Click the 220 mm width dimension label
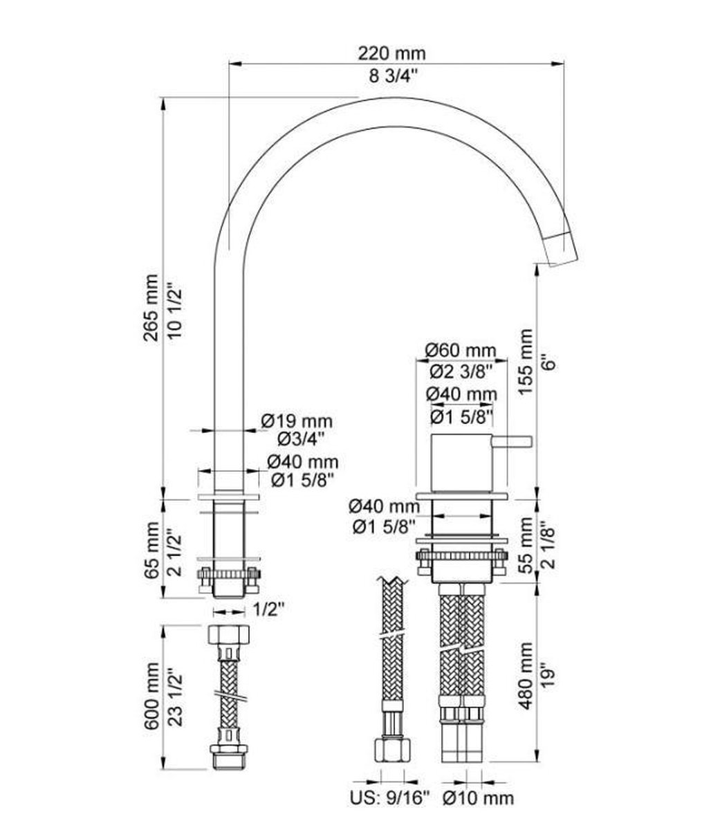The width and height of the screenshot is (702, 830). (391, 53)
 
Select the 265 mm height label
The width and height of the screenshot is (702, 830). (151, 308)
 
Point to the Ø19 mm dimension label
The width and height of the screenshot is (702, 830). (297, 421)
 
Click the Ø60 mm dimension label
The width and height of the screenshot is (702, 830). (461, 351)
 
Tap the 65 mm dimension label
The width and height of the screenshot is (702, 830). (151, 550)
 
